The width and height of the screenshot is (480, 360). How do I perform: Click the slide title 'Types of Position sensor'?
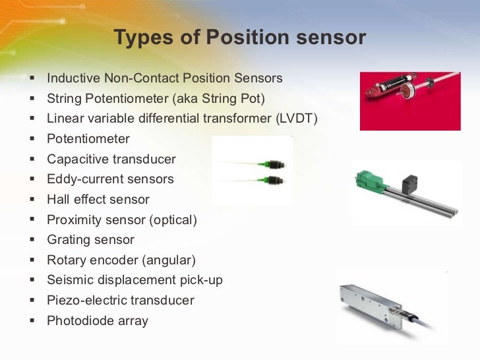coord(239,38)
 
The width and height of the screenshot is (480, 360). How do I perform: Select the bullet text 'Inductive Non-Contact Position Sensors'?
coord(164,78)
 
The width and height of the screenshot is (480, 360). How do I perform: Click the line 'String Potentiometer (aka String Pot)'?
coord(156,99)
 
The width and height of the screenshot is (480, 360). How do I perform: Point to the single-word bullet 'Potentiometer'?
coord(88,139)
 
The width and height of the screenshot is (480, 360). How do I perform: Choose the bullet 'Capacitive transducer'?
coord(111,160)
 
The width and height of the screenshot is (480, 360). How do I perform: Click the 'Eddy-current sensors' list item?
coord(110,179)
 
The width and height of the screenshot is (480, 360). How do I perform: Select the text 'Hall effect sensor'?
coord(98,199)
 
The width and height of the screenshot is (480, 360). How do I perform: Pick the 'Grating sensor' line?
coord(90,240)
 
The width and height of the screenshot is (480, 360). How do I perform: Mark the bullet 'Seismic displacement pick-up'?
coord(135,280)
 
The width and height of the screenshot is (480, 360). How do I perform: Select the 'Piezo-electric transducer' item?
coord(121,301)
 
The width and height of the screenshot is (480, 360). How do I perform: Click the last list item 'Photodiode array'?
coord(98,321)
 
